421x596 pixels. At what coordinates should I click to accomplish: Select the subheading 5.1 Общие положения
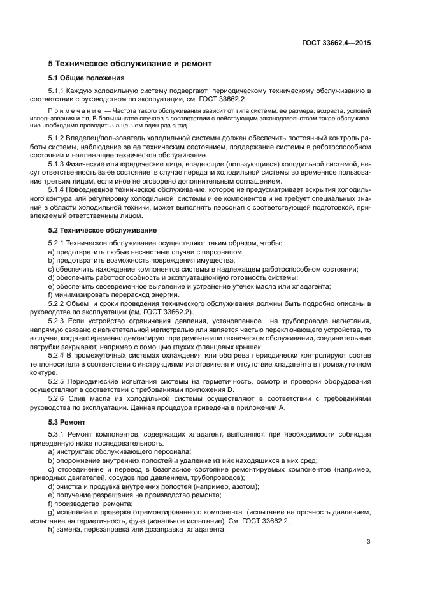pyautogui.click(x=87, y=78)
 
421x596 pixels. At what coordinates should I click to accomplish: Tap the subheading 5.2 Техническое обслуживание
pyautogui.click(x=103, y=229)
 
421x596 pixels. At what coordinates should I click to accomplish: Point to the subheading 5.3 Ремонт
pyautogui.click(x=68, y=423)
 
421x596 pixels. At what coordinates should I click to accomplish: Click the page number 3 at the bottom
pyautogui.click(x=368, y=542)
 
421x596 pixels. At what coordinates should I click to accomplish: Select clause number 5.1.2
pyautogui.click(x=59, y=138)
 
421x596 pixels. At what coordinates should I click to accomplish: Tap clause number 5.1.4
pyautogui.click(x=59, y=191)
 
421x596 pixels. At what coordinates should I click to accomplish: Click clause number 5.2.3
pyautogui.click(x=59, y=321)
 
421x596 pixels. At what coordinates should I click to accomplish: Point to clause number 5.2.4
pyautogui.click(x=59, y=354)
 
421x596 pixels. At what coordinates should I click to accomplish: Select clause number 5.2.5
pyautogui.click(x=59, y=381)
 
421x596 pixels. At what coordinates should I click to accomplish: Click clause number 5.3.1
pyautogui.click(x=59, y=434)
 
